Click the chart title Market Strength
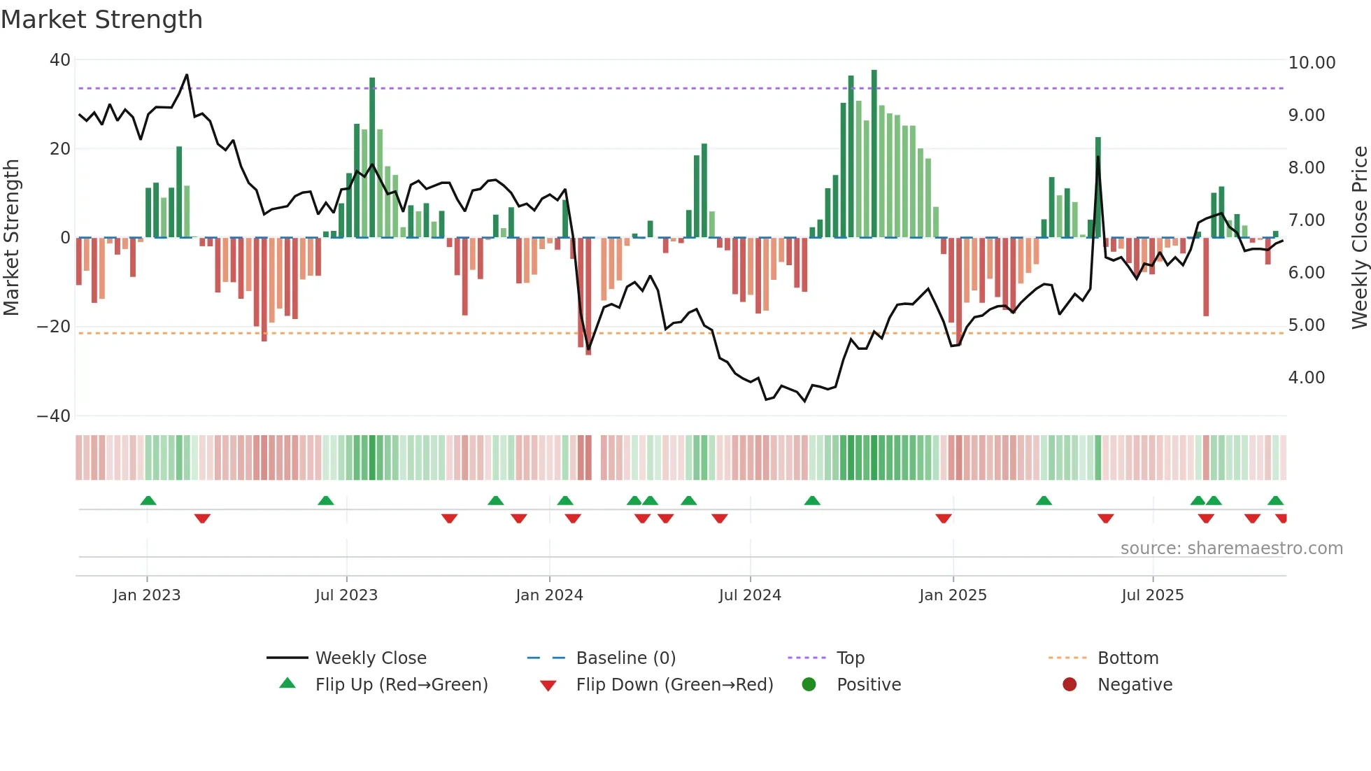[x=101, y=20]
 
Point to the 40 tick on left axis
[x=60, y=60]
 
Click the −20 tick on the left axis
[x=55, y=327]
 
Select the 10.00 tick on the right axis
[x=1312, y=63]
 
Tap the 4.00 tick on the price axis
[x=1306, y=378]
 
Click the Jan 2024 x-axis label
[x=549, y=595]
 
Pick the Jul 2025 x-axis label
[x=1152, y=595]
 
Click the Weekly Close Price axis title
[x=1359, y=238]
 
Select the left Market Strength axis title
[x=12, y=238]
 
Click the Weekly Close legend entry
[x=370, y=658]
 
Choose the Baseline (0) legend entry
[x=625, y=658]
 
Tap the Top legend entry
[x=850, y=658]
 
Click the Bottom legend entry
[x=1128, y=658]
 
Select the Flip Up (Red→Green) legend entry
[x=401, y=685]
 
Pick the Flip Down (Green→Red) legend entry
[x=674, y=685]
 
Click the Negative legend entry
[x=1134, y=685]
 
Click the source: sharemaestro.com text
[x=1231, y=549]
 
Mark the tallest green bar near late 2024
[x=874, y=154]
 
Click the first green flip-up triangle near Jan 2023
[x=148, y=500]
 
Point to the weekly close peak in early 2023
[x=187, y=75]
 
